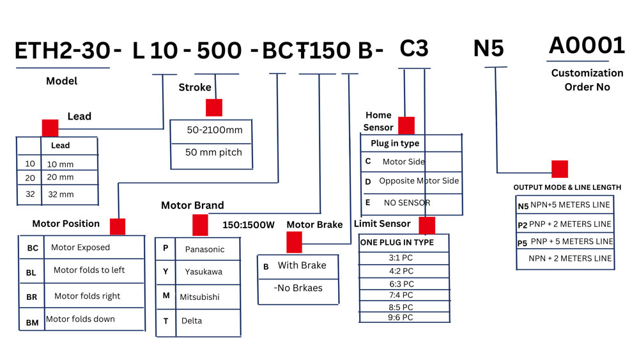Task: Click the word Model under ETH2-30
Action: [x=61, y=81]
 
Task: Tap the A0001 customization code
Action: [x=587, y=45]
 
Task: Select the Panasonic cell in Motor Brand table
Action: [x=204, y=248]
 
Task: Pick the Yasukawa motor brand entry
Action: [x=203, y=272]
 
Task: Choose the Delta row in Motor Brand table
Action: [x=191, y=320]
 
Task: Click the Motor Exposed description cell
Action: [x=81, y=247]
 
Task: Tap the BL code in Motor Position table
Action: [x=31, y=272]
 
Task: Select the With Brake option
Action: [x=302, y=265]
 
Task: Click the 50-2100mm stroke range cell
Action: [x=214, y=130]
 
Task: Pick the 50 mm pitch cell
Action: [x=214, y=153]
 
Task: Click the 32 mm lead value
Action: [x=60, y=194]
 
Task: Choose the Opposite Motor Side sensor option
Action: [x=419, y=181]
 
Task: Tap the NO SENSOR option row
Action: [x=407, y=203]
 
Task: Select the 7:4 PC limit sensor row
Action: [x=401, y=295]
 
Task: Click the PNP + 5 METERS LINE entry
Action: [x=571, y=242]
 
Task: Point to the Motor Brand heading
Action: [x=192, y=205]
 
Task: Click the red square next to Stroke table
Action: [x=214, y=107]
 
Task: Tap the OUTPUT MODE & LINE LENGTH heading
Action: [x=567, y=187]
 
